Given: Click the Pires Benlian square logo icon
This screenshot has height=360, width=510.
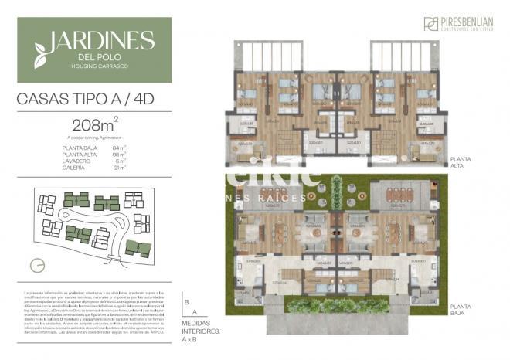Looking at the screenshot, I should pyautogui.click(x=430, y=23).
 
